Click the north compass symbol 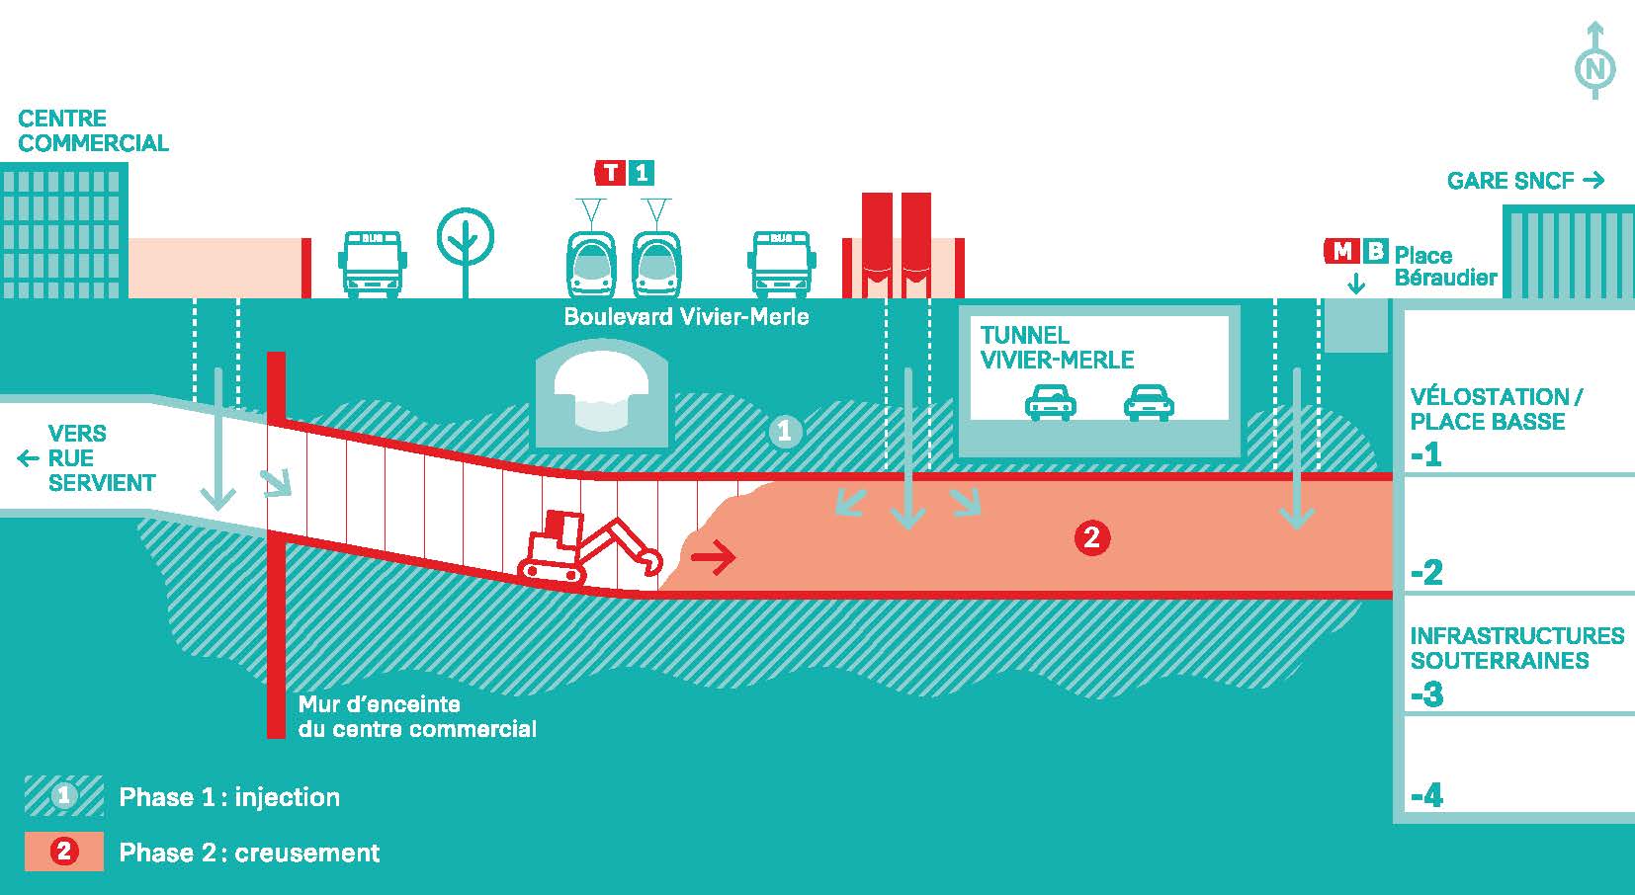pos(1594,67)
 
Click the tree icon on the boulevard pos(465,242)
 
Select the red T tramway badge pos(611,173)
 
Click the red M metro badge pos(1341,252)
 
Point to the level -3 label pos(1427,694)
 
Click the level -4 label pos(1427,795)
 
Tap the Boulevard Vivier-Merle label pos(686,317)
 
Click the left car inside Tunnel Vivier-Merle pos(1050,402)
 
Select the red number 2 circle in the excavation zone pos(1091,537)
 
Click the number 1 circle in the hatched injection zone pos(785,432)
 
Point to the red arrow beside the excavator pos(714,558)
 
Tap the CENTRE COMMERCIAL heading pos(93,130)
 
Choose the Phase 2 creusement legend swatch pos(64,852)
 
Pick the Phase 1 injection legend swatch pos(64,796)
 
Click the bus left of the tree pos(374,264)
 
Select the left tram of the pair pos(592,264)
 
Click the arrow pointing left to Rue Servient pos(29,458)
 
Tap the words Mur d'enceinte pos(380,704)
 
